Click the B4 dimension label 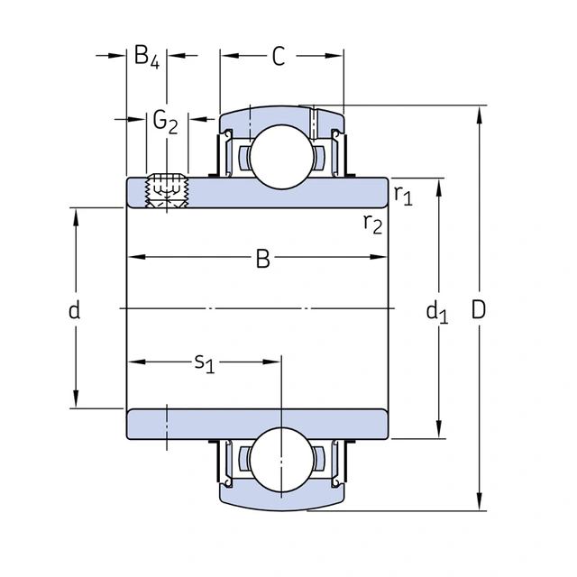pos(147,57)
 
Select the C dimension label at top pos(279,56)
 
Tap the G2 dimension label pos(165,122)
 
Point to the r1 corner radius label pos(403,195)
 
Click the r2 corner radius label pos(372,224)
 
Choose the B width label pos(262,259)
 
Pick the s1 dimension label pos(205,363)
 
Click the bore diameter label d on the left pos(74,310)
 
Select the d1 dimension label pos(437,312)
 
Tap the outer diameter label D pos(479,310)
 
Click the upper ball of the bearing pos(281,156)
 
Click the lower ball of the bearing pos(281,460)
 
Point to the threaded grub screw pos(167,190)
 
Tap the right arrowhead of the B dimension pos(379,257)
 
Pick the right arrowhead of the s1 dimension pos(271,362)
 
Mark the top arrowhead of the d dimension pos(76,218)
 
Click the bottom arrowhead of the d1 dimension pos(439,429)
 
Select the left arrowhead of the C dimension pos(231,56)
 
